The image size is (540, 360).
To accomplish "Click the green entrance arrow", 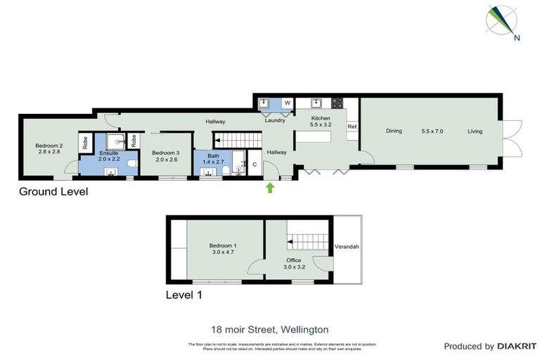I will pos(269,187).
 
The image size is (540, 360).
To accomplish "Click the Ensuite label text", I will pos(109,153).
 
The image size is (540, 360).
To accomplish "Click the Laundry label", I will pos(274,120).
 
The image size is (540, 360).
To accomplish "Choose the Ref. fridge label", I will pos(352,127).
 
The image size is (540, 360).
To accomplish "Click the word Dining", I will pos(393,131).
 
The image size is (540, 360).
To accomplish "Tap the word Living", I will pos(475,131).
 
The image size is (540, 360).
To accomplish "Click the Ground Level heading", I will pos(53,191).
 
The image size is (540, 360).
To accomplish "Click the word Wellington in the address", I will pos(304,329).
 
